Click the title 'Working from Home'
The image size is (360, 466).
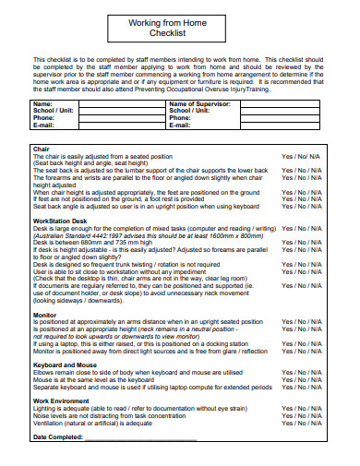point(179,22)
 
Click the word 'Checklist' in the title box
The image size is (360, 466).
point(179,33)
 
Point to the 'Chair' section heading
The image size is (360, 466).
point(42,148)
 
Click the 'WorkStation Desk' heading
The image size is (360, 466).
point(61,220)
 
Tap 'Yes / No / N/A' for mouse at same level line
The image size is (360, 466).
point(302,378)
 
